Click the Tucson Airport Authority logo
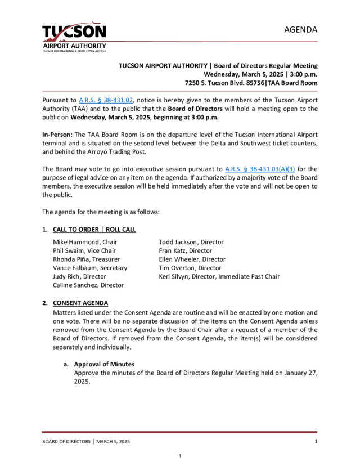74,36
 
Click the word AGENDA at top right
300,29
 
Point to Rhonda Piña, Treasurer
86,259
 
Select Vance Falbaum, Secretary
90,268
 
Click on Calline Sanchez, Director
88,285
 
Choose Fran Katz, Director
185,250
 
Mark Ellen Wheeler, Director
192,259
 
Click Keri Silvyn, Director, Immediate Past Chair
219,276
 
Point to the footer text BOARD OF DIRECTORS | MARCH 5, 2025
86,442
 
